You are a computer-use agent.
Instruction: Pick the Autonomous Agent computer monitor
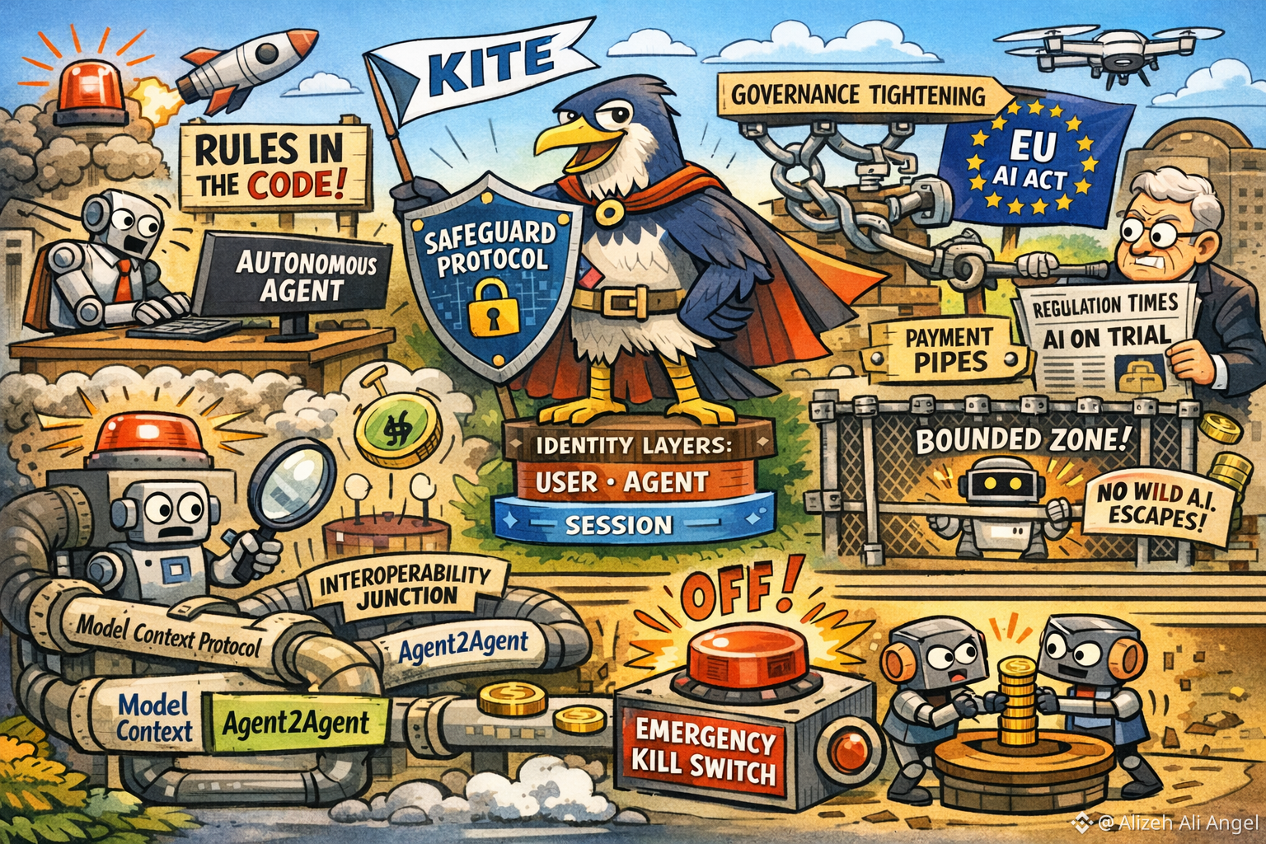[x=302, y=276]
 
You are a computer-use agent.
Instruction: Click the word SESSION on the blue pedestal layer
[x=618, y=524]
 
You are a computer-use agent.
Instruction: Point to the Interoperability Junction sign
[x=405, y=585]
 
